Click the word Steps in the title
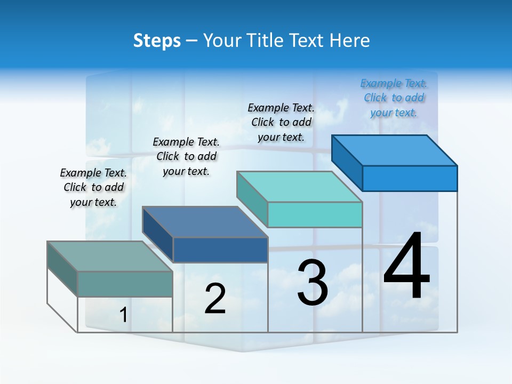157,41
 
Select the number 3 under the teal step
313,283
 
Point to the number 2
215,299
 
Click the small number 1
124,315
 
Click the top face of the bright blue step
395,150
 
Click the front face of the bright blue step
410,178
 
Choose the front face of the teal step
315,214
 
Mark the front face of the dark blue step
220,250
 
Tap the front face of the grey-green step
125,284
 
